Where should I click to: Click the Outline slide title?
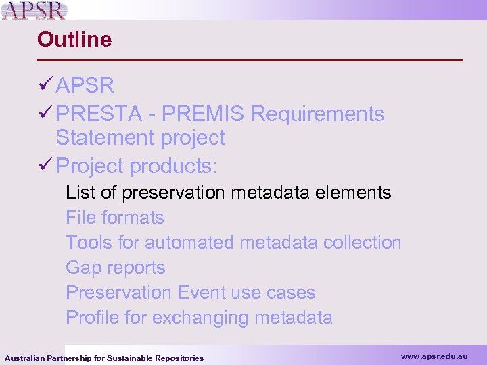pos(74,39)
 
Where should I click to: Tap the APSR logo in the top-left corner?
pos(34,10)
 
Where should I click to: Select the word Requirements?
pos(317,114)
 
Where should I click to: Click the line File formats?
pos(114,218)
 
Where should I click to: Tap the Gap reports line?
pos(115,268)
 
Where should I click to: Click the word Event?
pos(201,293)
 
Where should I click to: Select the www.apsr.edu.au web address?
pos(434,356)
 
